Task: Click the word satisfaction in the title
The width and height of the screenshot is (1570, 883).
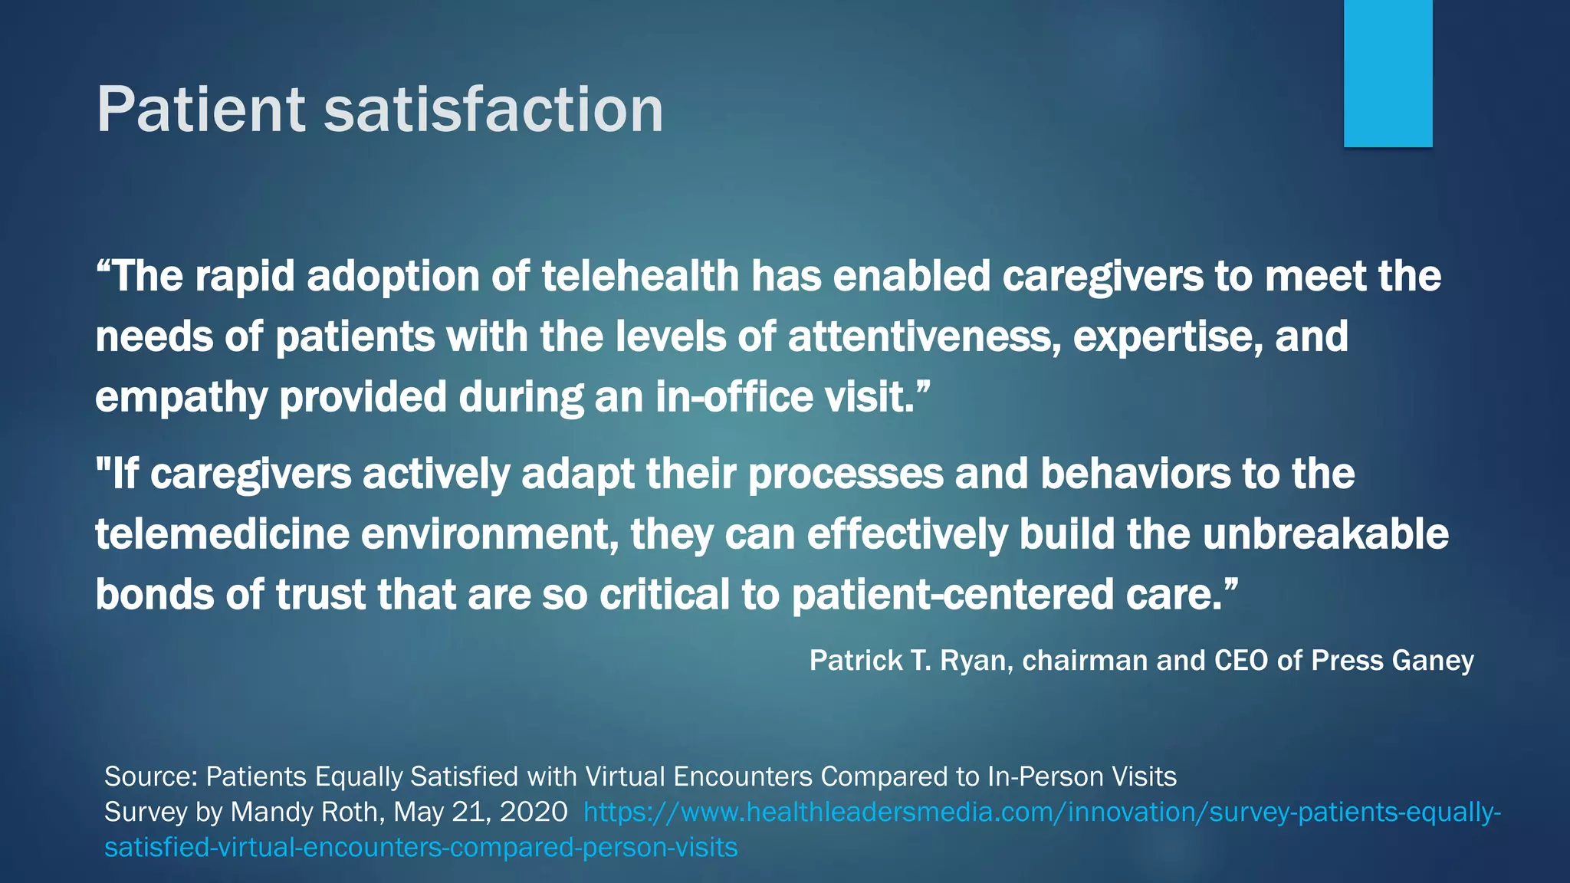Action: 493,110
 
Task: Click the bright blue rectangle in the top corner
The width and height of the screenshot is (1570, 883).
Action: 1388,73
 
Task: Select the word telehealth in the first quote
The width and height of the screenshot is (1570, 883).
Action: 640,276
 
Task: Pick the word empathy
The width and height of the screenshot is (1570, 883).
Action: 181,398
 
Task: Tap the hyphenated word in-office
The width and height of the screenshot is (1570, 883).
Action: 734,398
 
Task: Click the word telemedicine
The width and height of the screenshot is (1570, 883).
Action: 222,534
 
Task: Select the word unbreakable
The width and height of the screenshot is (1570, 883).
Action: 1325,534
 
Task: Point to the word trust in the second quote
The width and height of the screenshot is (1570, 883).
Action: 320,595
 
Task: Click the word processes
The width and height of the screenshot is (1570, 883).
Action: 845,474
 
